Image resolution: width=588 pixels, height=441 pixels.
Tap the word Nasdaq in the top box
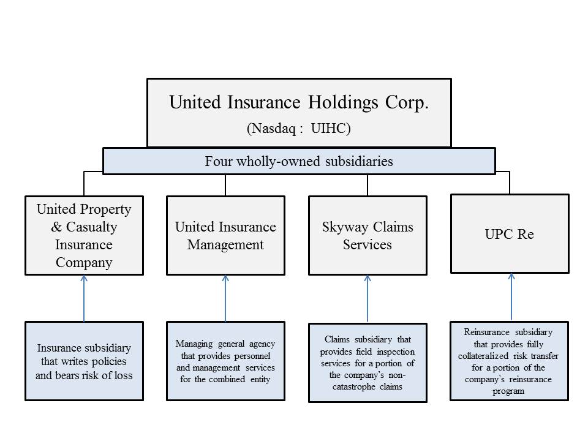(x=274, y=129)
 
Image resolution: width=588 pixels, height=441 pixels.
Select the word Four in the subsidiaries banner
(x=219, y=161)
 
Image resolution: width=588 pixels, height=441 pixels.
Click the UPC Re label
(x=509, y=234)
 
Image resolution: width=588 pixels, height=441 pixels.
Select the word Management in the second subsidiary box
(x=225, y=245)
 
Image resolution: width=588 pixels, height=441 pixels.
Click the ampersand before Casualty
(x=56, y=227)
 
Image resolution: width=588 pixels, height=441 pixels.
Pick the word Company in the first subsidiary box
(x=84, y=263)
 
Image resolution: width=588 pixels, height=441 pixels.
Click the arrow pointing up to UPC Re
(x=511, y=297)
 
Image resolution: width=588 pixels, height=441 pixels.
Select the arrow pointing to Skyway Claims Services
(x=367, y=298)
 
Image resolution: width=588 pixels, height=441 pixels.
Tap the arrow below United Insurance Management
(x=225, y=298)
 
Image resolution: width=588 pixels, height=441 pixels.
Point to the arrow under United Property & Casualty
(x=84, y=298)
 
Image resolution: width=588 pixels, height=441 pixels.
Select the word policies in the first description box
(x=109, y=361)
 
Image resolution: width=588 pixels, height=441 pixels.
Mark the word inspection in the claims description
(x=396, y=352)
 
